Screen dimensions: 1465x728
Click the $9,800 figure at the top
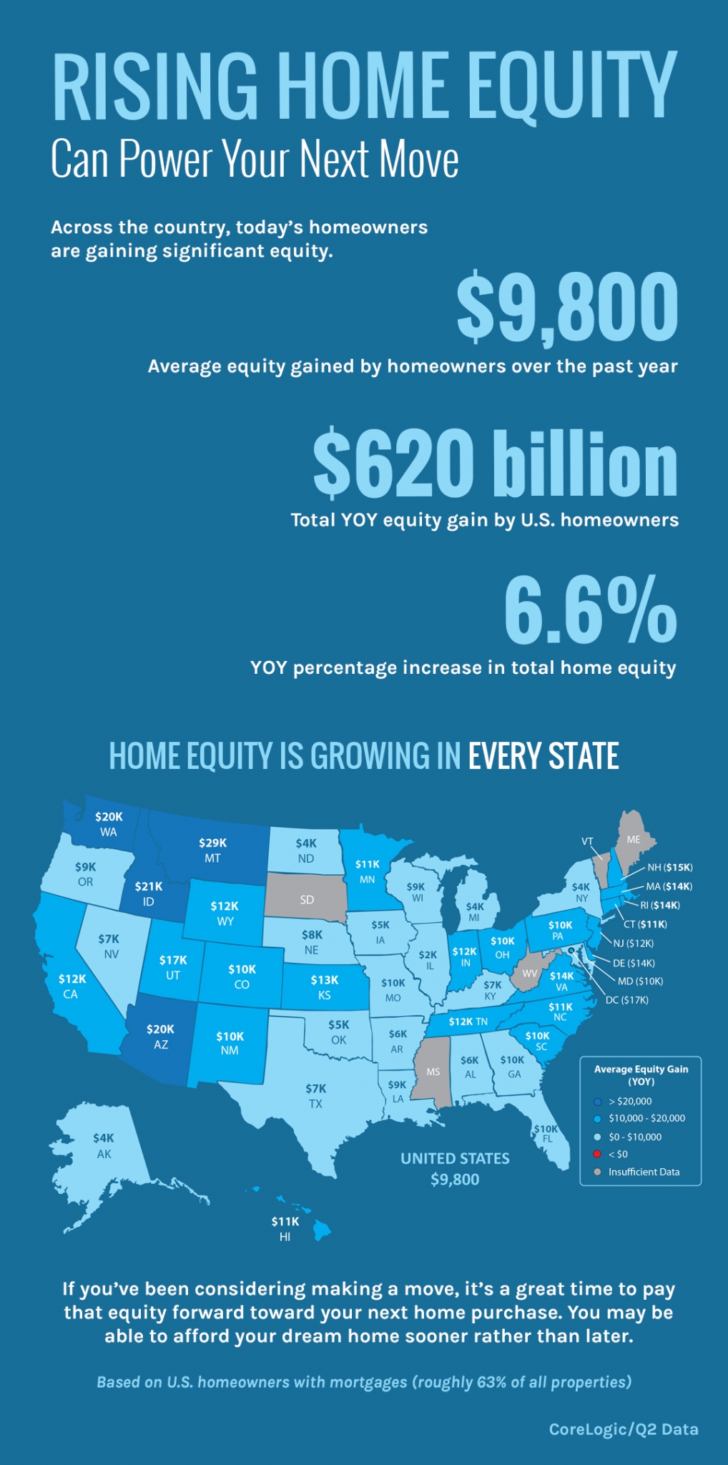567,309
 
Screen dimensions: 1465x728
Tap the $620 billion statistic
495,464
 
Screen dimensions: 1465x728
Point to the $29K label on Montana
212,843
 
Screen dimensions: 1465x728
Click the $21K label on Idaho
149,886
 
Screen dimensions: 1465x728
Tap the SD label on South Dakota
307,900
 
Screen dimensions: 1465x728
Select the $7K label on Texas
315,1088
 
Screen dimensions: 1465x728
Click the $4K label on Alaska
104,1137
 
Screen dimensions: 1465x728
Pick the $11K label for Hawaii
285,1221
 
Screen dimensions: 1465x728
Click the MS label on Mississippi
433,1072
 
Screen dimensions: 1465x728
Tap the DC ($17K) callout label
626,999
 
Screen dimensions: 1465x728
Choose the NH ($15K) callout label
669,867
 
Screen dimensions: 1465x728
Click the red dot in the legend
597,1154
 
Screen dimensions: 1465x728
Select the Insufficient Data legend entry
644,1172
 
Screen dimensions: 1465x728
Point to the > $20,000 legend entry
629,1101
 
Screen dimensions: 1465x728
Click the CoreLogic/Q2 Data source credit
623,1429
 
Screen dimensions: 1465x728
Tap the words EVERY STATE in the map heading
543,756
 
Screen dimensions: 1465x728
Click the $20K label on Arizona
160,1029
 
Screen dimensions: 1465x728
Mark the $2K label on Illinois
428,954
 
